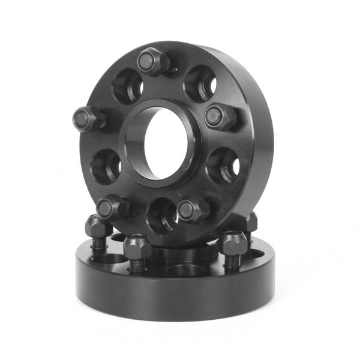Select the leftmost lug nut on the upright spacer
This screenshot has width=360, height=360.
point(88,118)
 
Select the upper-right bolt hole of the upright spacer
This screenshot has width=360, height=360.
point(200,83)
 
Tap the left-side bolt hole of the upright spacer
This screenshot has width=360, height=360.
point(105,164)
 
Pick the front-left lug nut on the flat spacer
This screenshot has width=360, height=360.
point(137,245)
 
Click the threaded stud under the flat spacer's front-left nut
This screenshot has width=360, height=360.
point(137,265)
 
